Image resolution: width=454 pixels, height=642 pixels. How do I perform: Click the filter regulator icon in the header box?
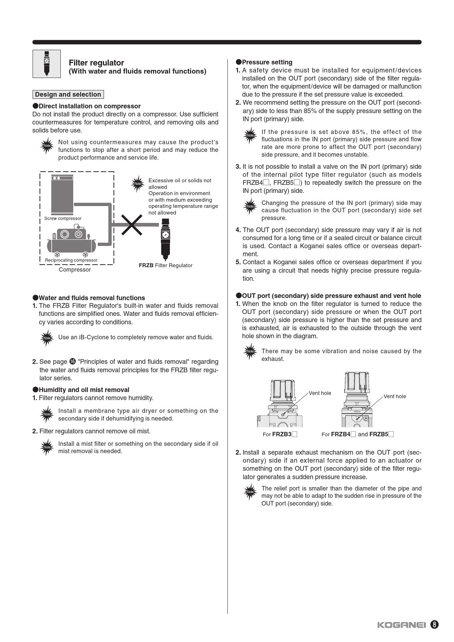coord(46,64)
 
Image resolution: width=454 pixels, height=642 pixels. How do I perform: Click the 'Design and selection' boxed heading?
coord(68,94)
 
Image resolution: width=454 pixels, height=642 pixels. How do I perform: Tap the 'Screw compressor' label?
coord(63,219)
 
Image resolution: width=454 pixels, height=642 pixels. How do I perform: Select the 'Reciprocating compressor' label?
coord(71,260)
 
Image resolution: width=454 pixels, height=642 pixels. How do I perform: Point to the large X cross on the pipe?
coord(131,224)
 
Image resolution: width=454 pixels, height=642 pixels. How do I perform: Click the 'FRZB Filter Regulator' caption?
coord(165,265)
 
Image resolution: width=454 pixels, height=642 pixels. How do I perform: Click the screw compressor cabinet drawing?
coord(62,194)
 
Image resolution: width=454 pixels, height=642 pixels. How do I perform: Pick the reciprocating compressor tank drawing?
coord(71,243)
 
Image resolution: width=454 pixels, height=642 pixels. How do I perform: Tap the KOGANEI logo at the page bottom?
coord(401,625)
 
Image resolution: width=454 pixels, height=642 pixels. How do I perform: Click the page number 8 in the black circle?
coord(434,625)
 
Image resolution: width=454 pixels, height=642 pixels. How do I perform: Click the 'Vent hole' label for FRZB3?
coord(320,393)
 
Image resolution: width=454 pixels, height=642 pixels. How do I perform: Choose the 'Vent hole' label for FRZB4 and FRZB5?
coord(395,396)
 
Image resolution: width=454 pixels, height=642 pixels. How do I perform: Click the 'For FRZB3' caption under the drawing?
coord(280,434)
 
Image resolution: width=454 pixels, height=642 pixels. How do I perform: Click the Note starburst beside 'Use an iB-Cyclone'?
coord(47,338)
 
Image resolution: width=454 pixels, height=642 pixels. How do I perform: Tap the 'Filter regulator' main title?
coord(96,63)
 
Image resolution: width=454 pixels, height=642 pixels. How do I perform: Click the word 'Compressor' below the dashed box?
coord(75,270)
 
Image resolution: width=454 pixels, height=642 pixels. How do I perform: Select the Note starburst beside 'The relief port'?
coord(250,492)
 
